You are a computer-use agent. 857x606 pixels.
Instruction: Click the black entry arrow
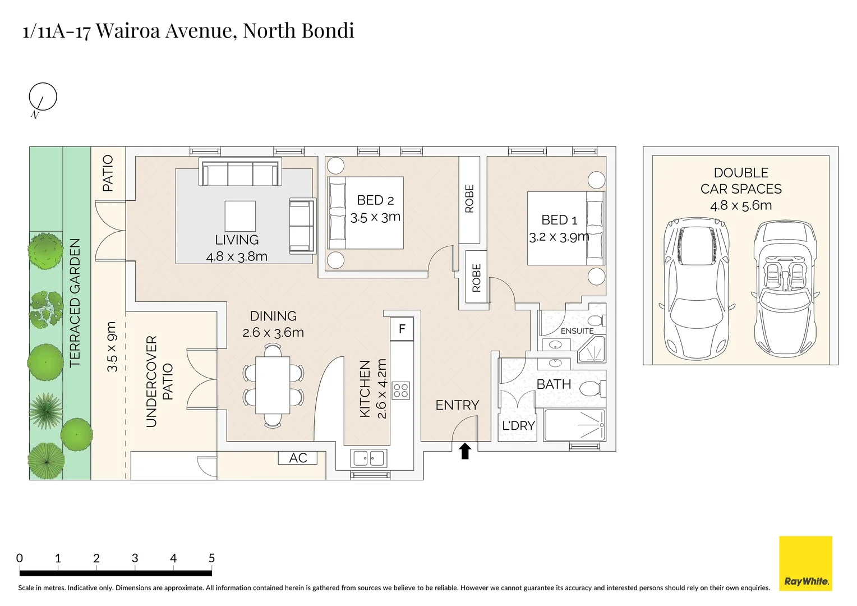[465, 451]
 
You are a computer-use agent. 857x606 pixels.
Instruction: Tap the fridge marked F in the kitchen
[402, 329]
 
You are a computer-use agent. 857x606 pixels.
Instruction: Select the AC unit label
[298, 458]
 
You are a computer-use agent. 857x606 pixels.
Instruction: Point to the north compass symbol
[43, 98]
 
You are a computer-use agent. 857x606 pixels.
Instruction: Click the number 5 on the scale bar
[211, 558]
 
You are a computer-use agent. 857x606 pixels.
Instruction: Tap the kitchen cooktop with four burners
[401, 390]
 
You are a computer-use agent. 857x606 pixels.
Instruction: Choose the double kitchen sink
[368, 458]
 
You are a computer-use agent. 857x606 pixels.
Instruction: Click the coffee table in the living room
[240, 216]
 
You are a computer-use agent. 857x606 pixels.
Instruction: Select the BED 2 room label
[375, 200]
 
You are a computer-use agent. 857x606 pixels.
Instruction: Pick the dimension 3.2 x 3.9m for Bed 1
[559, 237]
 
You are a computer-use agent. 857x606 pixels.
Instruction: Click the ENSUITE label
[577, 331]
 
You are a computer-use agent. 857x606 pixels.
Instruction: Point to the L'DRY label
[518, 426]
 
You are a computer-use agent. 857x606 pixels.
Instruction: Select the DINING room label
[273, 316]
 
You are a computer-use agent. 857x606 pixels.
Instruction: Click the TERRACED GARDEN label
[75, 303]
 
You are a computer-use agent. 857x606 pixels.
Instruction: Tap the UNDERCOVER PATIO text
[159, 382]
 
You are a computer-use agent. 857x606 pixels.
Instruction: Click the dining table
[273, 385]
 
